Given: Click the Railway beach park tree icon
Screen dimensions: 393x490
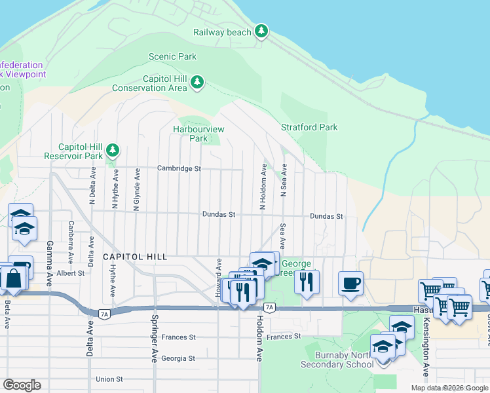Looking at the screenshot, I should (262, 31).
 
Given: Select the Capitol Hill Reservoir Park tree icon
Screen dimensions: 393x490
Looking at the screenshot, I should (113, 151).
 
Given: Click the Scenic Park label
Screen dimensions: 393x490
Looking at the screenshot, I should (172, 57).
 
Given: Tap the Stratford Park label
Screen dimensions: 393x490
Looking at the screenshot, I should (309, 127).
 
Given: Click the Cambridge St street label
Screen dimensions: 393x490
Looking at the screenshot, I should (179, 168).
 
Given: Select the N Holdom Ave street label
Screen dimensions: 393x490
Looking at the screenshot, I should (263, 187).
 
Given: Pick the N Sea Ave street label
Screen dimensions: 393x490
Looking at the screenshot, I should (284, 181).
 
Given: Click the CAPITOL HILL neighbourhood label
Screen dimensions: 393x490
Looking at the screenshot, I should (135, 257).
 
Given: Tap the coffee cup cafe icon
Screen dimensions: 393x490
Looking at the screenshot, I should (350, 282).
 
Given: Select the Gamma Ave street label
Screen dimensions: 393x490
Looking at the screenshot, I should (50, 263).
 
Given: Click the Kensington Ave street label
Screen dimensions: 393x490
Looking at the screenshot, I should (426, 346).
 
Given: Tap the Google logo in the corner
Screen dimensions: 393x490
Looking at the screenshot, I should (22, 385).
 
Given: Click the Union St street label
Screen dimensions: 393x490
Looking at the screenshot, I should (109, 379).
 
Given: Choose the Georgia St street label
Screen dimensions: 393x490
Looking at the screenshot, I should (178, 358).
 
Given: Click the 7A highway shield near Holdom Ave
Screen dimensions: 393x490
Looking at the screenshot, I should (269, 307).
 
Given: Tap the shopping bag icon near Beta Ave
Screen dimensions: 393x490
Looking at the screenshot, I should (12, 278).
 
